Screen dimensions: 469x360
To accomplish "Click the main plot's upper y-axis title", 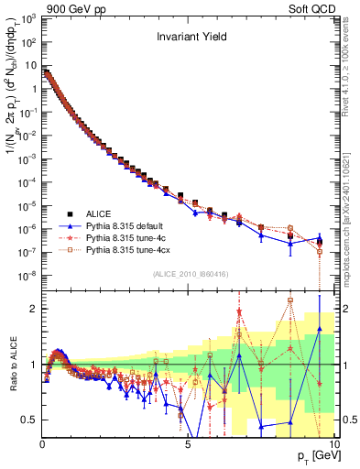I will [13, 137].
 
